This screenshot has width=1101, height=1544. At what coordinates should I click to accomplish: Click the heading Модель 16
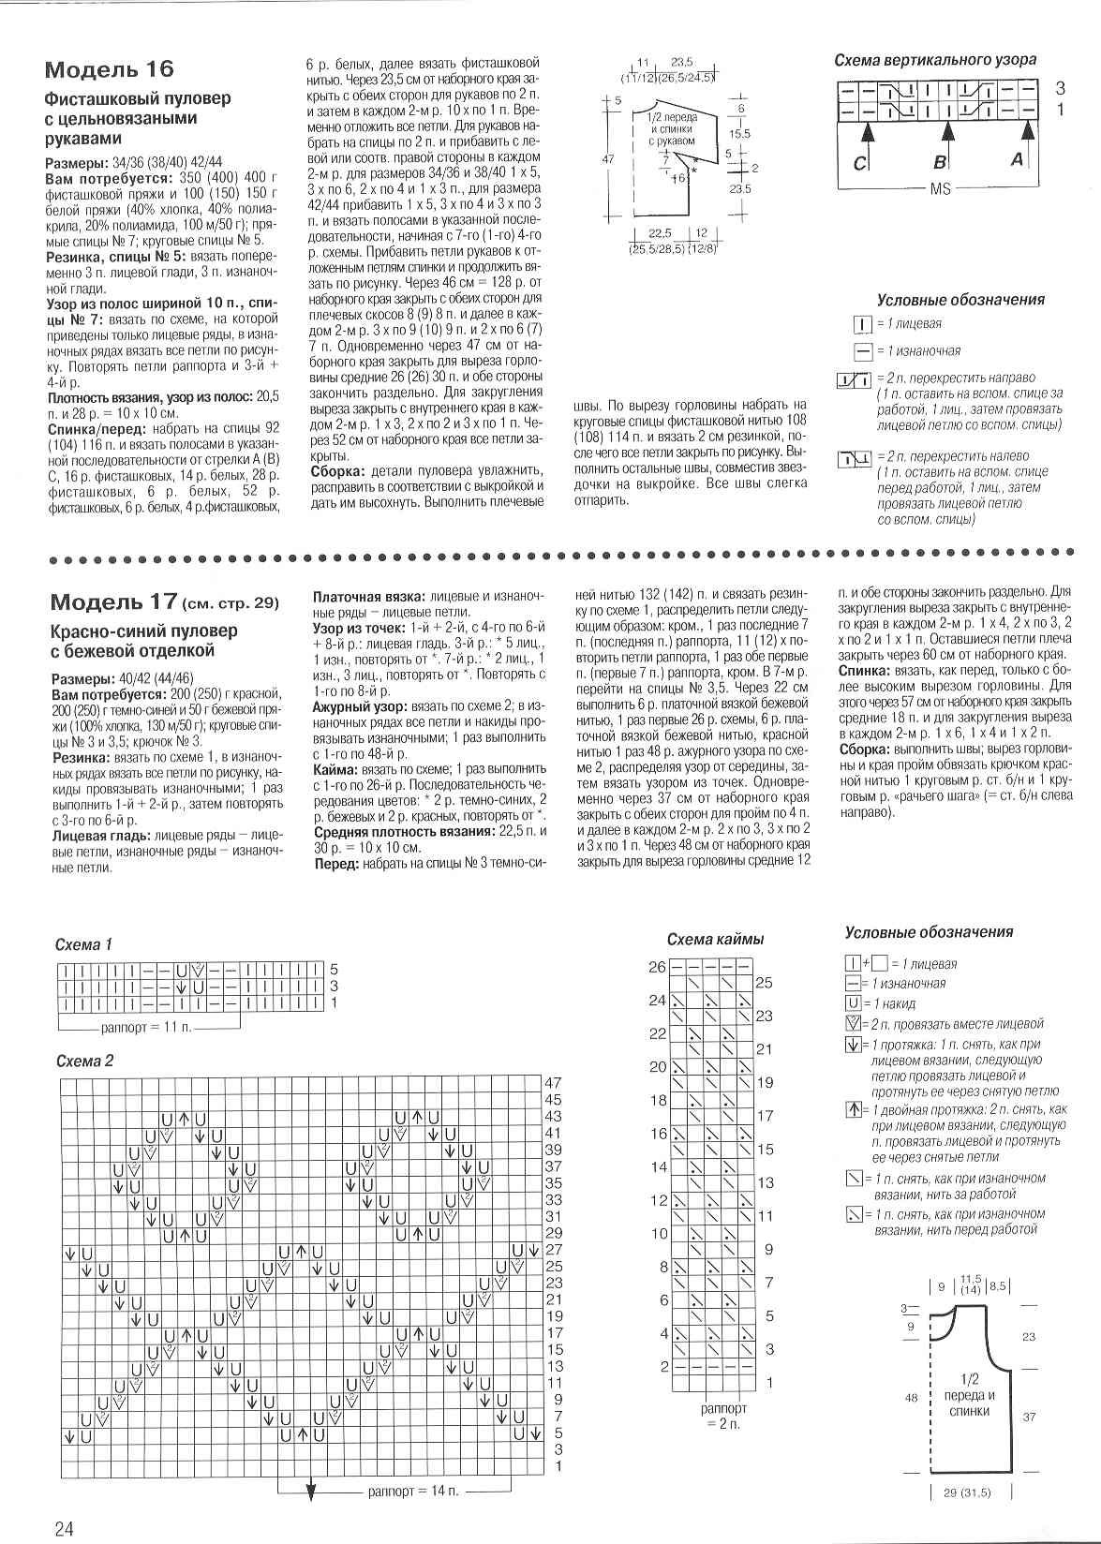point(110,69)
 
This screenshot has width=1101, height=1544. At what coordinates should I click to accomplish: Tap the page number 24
point(64,1529)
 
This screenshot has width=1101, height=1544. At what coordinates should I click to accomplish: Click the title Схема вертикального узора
point(935,60)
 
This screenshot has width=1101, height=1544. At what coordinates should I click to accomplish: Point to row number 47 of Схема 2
point(553,1083)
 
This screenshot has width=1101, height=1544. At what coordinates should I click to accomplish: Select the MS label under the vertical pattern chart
point(940,188)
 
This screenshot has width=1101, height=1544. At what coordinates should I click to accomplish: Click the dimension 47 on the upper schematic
point(607,159)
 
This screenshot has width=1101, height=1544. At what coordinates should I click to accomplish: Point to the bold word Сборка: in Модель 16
point(338,470)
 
